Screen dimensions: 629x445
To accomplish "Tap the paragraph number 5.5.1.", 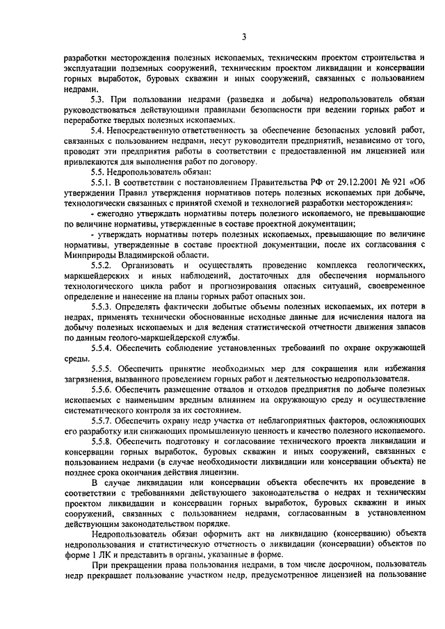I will point(103,182).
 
